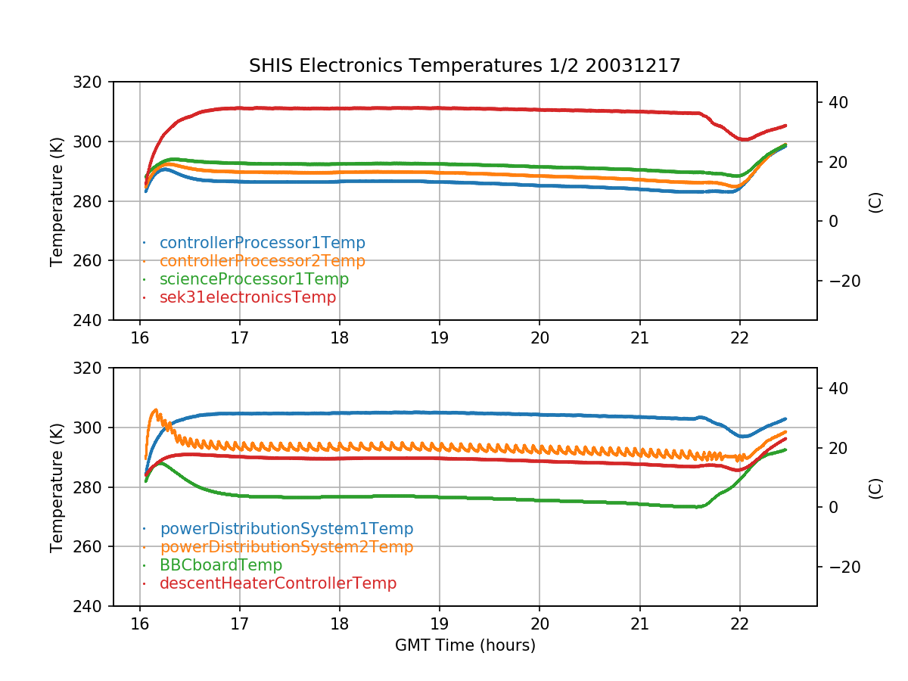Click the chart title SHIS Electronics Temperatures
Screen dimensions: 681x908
pyautogui.click(x=465, y=66)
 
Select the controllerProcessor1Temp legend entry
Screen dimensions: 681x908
pyautogui.click(x=262, y=243)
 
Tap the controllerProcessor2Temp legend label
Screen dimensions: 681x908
pyautogui.click(x=262, y=261)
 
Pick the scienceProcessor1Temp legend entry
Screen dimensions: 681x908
pyautogui.click(x=253, y=279)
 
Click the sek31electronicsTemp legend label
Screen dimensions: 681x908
pyautogui.click(x=247, y=297)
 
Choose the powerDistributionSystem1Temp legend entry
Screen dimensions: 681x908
pyautogui.click(x=286, y=529)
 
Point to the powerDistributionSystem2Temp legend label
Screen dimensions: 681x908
pyautogui.click(x=286, y=547)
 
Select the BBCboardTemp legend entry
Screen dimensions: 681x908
pyautogui.click(x=220, y=565)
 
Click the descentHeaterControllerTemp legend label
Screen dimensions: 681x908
pyautogui.click(x=278, y=583)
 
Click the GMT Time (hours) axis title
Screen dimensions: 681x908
pyautogui.click(x=465, y=645)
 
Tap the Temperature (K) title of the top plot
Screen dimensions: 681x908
pyautogui.click(x=57, y=201)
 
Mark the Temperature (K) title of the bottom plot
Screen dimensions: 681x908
pyautogui.click(x=57, y=487)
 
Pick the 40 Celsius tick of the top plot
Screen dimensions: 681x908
pyautogui.click(x=838, y=102)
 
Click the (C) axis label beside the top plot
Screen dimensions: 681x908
pyautogui.click(x=875, y=201)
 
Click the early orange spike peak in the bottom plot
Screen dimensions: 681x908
pyautogui.click(x=156, y=409)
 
